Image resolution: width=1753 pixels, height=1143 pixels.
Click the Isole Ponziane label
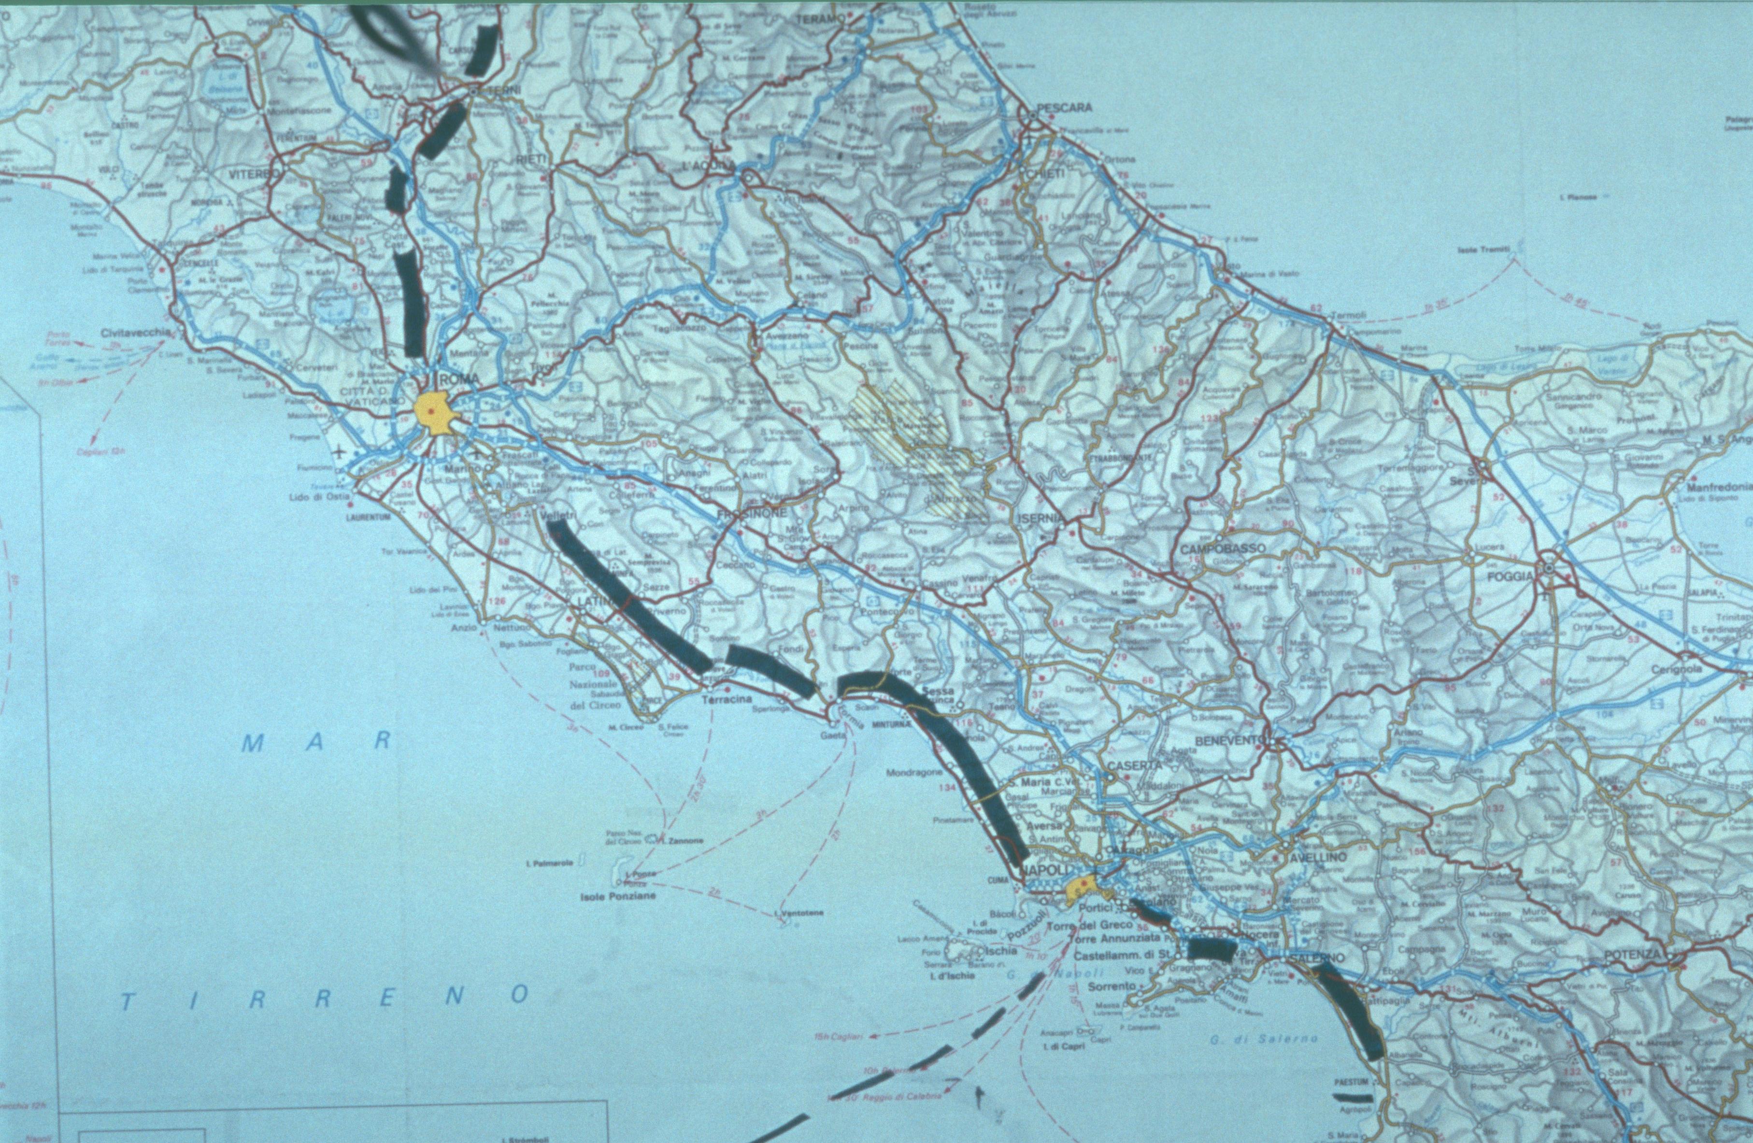point(617,897)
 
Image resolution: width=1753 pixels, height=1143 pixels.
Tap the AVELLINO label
point(1316,858)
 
